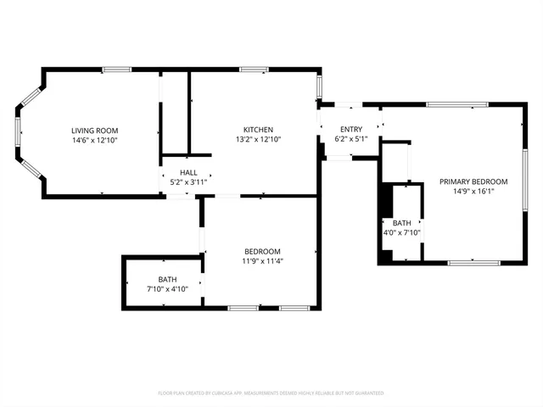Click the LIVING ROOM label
[x=93, y=130]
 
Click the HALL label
[x=188, y=172]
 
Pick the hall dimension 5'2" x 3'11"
[x=188, y=181]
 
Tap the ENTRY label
[x=350, y=129]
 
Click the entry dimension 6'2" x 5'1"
[x=350, y=138]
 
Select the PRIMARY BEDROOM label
[x=473, y=181]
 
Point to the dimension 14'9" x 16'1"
[x=473, y=191]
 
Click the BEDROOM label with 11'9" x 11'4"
[x=262, y=252]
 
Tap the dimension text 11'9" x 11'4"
[x=262, y=261]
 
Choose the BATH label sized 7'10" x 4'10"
[x=167, y=280]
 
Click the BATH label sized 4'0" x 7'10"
[x=401, y=223]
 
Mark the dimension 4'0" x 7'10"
[x=401, y=232]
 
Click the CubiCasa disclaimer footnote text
[x=271, y=393]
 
